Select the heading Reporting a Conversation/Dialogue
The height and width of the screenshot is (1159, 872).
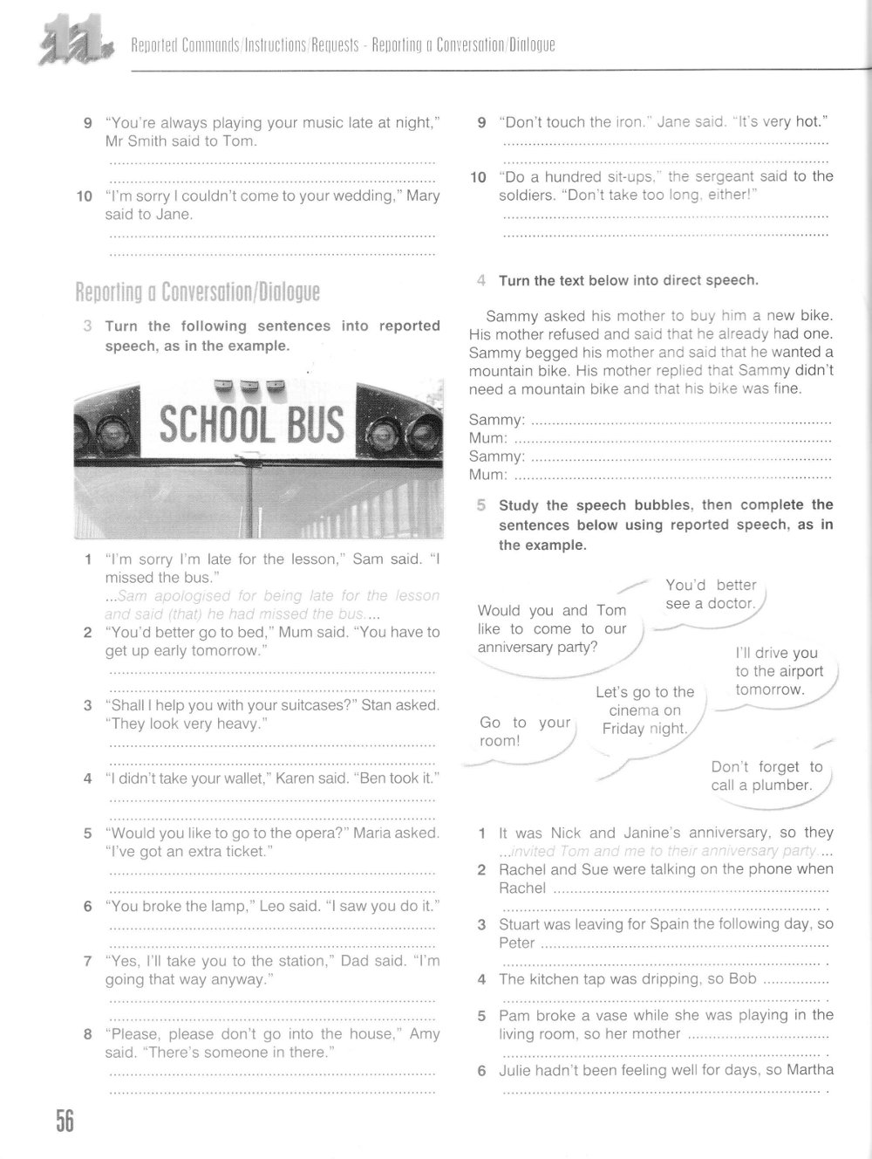coord(197,291)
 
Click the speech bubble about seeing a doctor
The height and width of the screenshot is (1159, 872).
coord(710,594)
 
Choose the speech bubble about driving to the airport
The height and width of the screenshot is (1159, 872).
coord(776,671)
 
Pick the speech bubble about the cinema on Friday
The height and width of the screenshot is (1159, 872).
coord(644,710)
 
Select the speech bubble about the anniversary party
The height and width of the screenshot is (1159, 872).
coord(552,628)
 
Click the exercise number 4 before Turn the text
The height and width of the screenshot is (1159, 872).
coord(480,281)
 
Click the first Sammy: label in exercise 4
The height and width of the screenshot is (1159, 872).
coord(497,420)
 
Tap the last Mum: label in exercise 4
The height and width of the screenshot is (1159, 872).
coord(487,475)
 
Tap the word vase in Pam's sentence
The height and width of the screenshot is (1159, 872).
coord(603,1015)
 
